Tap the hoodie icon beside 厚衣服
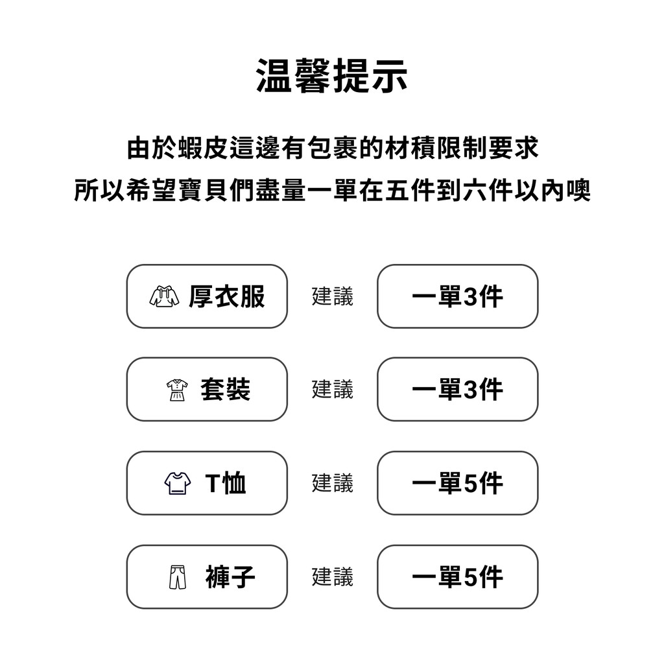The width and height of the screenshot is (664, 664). coord(164,296)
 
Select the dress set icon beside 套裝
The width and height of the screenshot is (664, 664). coord(177,390)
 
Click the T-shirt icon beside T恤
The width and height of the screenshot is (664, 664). coord(178,483)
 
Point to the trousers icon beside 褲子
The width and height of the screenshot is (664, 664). coord(178,576)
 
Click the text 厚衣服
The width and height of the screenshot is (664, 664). coord(227,296)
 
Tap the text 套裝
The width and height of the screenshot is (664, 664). coord(225,390)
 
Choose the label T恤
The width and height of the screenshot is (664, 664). coord(225,483)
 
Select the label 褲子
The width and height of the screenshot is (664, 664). coord(230,576)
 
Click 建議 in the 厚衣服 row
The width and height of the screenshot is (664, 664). coord(333,296)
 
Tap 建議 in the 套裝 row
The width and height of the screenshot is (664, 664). coord(333,390)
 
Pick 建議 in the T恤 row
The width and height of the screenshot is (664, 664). coord(333,483)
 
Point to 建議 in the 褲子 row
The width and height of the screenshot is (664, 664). coord(333,576)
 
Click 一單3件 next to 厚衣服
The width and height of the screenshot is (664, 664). coord(457,296)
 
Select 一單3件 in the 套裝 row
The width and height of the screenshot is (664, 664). coord(457,390)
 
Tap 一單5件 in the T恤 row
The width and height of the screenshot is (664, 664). coord(457,483)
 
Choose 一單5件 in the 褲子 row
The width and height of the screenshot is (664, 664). coord(457,576)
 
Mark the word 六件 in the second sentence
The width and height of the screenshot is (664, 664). coord(488,190)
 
